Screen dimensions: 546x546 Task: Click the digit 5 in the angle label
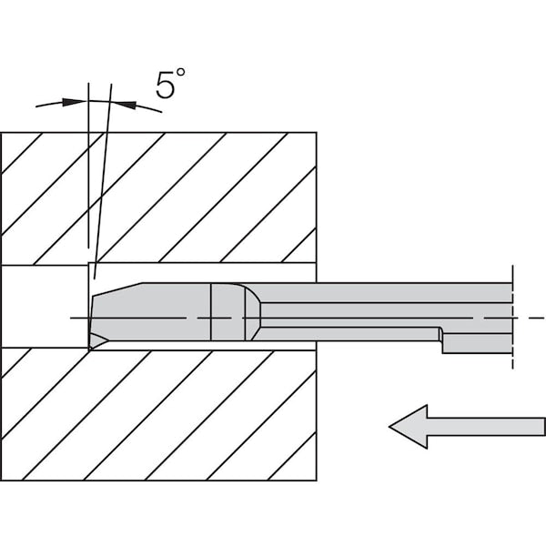click(165, 85)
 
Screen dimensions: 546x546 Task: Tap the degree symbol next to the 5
click(180, 73)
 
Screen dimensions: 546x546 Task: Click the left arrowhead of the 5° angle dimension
click(74, 102)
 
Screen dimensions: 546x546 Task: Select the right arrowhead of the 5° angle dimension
click(125, 105)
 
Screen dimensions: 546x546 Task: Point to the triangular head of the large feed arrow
click(409, 427)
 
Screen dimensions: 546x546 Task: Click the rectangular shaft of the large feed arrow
click(486, 427)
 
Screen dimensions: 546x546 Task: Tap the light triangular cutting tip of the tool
click(98, 341)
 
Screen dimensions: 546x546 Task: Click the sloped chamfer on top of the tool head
click(117, 289)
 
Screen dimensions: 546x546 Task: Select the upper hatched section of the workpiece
click(158, 198)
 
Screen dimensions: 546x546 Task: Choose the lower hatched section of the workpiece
click(158, 414)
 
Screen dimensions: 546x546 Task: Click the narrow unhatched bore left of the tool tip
click(45, 307)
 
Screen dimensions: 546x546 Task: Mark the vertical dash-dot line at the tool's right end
click(512, 317)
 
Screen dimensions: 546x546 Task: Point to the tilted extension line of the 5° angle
click(103, 181)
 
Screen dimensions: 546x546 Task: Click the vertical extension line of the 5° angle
click(88, 166)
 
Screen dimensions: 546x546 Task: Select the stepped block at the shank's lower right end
click(477, 343)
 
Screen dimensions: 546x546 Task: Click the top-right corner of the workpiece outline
click(317, 132)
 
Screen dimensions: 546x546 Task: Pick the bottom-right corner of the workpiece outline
click(317, 480)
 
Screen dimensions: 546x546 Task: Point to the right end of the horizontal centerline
click(544, 318)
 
